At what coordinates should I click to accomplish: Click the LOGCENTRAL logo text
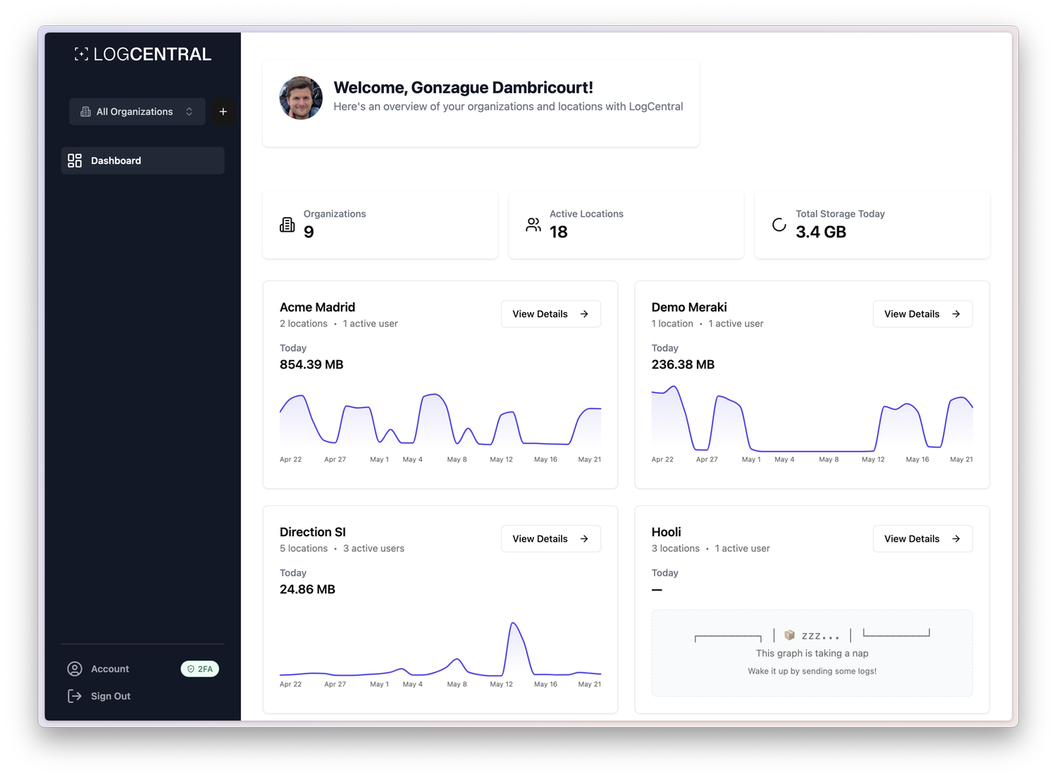(152, 54)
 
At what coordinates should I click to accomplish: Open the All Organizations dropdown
(137, 111)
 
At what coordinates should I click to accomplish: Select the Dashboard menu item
(142, 161)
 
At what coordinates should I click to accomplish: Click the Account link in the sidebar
(110, 669)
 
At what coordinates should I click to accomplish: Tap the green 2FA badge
(200, 669)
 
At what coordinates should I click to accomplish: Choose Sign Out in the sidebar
(111, 696)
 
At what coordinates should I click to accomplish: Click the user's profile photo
(301, 98)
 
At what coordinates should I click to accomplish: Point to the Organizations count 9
(309, 232)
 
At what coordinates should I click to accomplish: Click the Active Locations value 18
(558, 232)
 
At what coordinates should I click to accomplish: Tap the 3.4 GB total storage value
(820, 232)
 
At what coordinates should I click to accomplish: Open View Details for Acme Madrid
(550, 314)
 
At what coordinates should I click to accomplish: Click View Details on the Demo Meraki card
(922, 314)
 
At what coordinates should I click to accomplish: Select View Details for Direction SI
(550, 539)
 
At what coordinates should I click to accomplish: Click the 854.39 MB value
(311, 364)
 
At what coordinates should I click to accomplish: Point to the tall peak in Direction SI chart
(514, 624)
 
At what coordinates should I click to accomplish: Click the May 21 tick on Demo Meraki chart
(961, 459)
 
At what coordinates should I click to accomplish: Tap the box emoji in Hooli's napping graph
(789, 635)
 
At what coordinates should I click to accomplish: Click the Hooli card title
(666, 532)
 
